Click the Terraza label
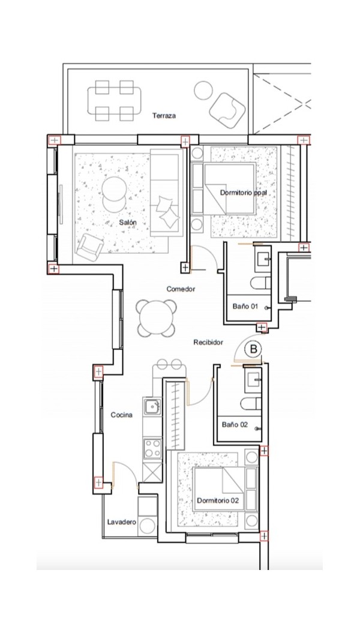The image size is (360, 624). pos(164,116)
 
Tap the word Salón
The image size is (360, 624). pos(128,223)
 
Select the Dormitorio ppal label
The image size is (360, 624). pos(244,193)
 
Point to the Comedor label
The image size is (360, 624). pos(181,289)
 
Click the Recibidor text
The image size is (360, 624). pos(208,342)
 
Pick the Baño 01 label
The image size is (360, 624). pos(245,307)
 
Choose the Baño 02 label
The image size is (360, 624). pos(235,425)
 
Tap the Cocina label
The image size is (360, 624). pos(121,415)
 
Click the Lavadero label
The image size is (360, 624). pos(122,522)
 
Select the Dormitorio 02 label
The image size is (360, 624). pos(218,500)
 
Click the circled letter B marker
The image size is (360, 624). pos(253,349)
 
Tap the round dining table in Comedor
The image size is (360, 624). pos(156,319)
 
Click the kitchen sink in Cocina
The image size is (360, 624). pos(153,406)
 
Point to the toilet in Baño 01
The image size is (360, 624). pos(260,283)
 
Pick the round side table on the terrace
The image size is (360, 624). pos(203,91)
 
